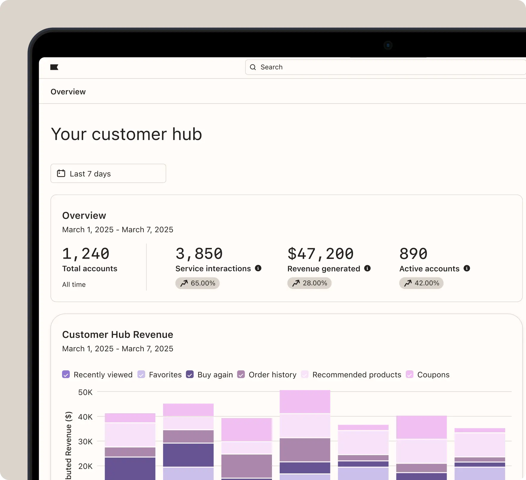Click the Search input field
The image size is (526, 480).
(385, 67)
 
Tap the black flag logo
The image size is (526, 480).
(54, 67)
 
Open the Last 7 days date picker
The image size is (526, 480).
(108, 173)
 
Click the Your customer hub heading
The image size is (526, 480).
(126, 134)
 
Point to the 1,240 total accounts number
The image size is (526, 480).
(86, 254)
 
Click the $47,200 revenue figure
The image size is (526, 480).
(321, 254)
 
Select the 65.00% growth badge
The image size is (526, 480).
(197, 283)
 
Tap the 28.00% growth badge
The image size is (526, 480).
(309, 283)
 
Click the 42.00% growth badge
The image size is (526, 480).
(421, 283)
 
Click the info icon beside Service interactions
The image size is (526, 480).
(258, 268)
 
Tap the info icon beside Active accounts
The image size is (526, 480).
(467, 268)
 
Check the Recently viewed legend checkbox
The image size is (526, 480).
(66, 375)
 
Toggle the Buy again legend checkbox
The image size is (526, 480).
(190, 375)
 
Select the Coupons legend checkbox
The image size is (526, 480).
(410, 375)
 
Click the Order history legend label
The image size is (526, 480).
(273, 375)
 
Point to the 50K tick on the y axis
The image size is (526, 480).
(85, 392)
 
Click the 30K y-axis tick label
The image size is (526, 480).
(85, 441)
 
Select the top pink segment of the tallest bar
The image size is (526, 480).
(305, 401)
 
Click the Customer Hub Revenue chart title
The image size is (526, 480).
(117, 335)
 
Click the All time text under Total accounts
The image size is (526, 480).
(74, 285)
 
